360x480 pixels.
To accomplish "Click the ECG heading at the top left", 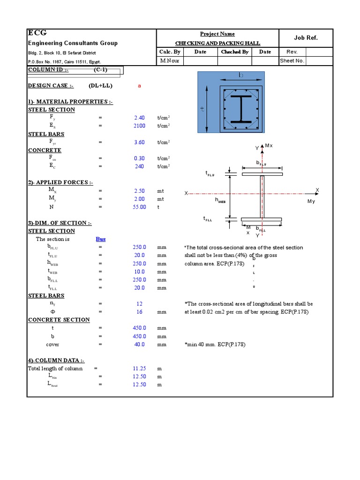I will click(x=37, y=33).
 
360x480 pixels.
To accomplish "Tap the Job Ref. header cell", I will click(x=306, y=38).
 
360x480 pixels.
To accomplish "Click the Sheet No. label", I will click(x=292, y=61).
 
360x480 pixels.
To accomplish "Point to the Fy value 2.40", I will click(x=140, y=118).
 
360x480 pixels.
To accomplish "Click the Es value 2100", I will click(x=140, y=126).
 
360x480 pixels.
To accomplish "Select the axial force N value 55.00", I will click(x=139, y=207).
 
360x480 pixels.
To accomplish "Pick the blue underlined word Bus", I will click(x=101, y=239).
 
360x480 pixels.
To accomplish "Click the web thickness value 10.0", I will click(x=140, y=272).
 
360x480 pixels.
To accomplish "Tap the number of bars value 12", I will click(x=140, y=304).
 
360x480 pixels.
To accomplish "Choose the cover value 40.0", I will click(x=140, y=345).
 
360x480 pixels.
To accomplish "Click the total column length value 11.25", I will click(x=139, y=368).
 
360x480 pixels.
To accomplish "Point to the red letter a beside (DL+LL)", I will click(x=139, y=86).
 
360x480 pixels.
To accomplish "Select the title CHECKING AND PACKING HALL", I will click(x=217, y=43).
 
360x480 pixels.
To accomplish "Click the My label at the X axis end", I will click(x=311, y=201).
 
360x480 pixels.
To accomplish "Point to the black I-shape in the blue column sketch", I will click(x=240, y=109).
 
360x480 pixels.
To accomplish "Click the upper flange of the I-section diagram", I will click(x=262, y=174).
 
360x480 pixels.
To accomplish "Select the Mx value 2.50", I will click(x=139, y=191).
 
